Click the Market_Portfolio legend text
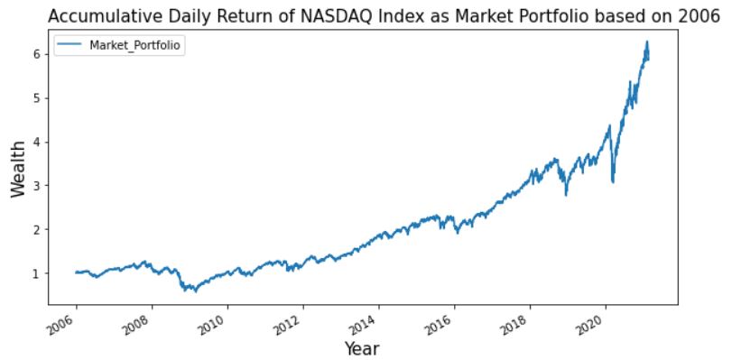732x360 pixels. point(136,47)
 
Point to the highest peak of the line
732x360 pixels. point(647,42)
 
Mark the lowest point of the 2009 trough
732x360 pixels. point(195,291)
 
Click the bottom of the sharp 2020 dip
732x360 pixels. point(614,182)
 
